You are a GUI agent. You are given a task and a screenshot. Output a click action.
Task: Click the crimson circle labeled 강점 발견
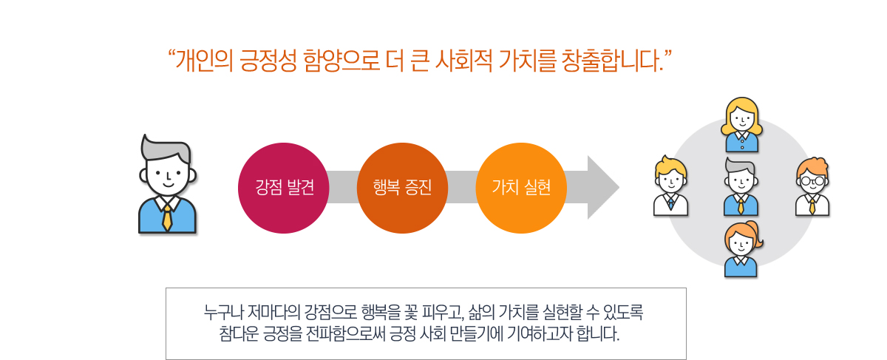pos(284,188)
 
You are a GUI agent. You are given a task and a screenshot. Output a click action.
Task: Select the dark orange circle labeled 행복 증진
pos(402,188)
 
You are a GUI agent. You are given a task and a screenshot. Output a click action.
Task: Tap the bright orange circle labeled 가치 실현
pos(521,188)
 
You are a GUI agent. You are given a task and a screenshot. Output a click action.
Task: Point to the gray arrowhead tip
pos(619,187)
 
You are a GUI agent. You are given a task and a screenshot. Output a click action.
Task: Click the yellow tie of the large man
pos(167,218)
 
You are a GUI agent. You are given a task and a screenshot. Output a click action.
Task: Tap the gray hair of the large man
pos(166,149)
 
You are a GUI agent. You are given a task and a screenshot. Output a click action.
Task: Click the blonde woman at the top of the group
pos(741,125)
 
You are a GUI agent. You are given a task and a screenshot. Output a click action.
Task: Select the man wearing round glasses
pos(812,186)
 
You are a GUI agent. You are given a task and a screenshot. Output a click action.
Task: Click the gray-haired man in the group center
pos(741,186)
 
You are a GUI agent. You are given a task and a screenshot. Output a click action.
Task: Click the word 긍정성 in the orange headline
pos(268,61)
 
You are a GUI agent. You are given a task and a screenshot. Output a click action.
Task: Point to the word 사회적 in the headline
pos(463,61)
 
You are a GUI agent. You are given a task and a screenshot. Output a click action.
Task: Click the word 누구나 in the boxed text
pos(223,313)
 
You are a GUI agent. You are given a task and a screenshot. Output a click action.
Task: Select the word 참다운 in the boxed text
pos(238,334)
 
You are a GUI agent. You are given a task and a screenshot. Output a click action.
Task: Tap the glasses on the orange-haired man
pos(812,181)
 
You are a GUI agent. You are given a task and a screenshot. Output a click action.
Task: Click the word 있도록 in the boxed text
pos(624,313)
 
